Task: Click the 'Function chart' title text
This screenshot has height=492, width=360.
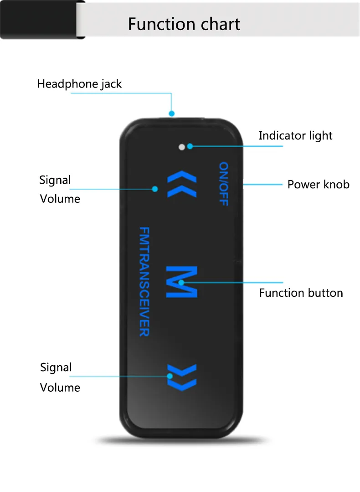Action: click(184, 24)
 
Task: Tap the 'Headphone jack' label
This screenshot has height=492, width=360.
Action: click(79, 84)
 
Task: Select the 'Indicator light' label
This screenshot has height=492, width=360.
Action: click(295, 135)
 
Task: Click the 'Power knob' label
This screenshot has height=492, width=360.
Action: click(318, 185)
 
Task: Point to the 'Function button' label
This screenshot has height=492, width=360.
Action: click(301, 293)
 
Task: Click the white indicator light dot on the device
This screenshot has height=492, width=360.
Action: click(182, 147)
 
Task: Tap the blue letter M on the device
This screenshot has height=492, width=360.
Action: click(181, 282)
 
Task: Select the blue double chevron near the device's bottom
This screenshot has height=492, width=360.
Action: click(182, 377)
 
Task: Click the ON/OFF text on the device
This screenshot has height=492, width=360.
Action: click(223, 184)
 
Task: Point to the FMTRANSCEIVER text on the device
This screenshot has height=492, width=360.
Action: click(144, 281)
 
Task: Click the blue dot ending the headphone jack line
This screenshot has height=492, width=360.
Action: click(172, 113)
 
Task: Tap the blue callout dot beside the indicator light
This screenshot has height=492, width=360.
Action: click(190, 146)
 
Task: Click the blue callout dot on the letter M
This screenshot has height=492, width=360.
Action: click(181, 283)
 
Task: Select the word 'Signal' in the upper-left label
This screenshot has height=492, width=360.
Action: click(55, 180)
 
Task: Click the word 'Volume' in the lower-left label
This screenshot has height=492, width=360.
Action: click(60, 388)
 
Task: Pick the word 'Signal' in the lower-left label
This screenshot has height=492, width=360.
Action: click(56, 368)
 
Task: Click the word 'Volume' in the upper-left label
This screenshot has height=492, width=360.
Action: click(60, 199)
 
